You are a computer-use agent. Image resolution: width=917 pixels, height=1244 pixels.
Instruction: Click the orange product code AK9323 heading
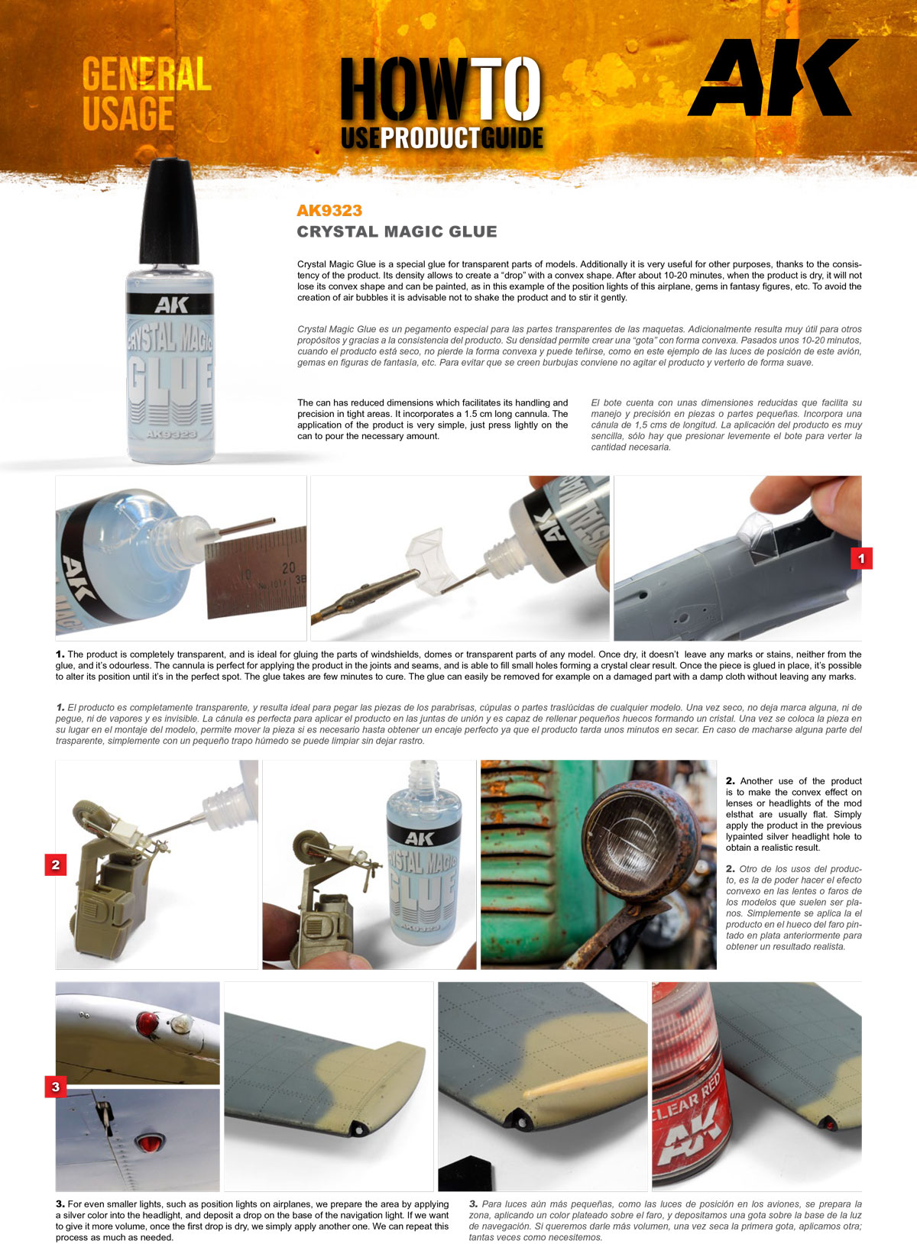pyautogui.click(x=329, y=211)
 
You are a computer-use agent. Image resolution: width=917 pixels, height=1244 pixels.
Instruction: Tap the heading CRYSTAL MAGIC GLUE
pyautogui.click(x=397, y=231)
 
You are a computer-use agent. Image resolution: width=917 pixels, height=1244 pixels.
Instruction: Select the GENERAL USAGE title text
pyautogui.click(x=145, y=94)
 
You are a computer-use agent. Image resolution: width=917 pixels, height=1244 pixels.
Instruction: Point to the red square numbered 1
pyautogui.click(x=861, y=559)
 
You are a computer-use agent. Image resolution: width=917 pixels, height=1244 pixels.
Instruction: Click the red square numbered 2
pyautogui.click(x=56, y=865)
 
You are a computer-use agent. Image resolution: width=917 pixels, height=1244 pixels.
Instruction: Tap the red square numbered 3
pyautogui.click(x=56, y=1087)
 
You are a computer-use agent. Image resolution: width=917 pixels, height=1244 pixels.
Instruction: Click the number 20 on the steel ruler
pyautogui.click(x=288, y=568)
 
